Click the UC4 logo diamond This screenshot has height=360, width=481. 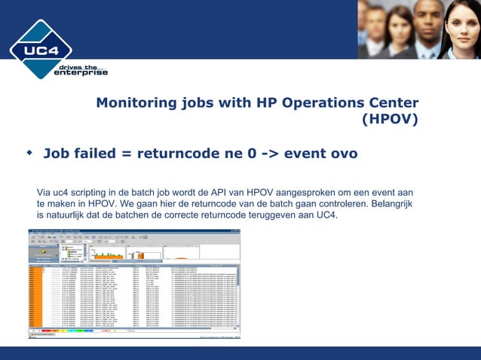tap(41, 49)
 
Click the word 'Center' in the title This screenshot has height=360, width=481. tap(390, 102)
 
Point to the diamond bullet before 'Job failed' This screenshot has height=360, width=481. tap(29, 154)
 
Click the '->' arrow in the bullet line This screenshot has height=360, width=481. tap(269, 154)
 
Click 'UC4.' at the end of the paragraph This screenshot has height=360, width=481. tap(327, 215)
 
